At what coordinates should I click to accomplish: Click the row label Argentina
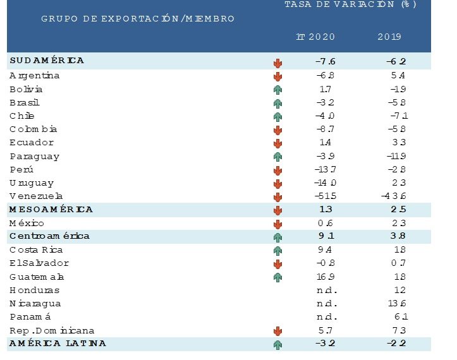35,76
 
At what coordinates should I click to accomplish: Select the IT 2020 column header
315,37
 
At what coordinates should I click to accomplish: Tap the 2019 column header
389,37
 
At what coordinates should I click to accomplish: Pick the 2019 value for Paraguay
393,156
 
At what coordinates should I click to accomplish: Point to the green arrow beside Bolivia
277,90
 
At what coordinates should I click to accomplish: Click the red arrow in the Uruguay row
277,183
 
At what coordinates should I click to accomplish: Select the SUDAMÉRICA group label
47,61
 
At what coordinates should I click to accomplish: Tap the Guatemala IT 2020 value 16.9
326,277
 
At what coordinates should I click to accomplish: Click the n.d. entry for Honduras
326,291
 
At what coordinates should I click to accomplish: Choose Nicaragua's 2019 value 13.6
394,304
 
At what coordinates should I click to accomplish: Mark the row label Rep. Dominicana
52,330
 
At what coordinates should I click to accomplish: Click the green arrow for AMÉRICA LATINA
277,344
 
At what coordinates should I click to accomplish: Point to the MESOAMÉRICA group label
51,210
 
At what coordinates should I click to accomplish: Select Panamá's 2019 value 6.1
396,317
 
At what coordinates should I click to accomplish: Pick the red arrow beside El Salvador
277,264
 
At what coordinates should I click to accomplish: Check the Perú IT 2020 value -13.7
326,170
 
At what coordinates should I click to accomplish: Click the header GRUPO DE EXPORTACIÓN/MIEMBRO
138,19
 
